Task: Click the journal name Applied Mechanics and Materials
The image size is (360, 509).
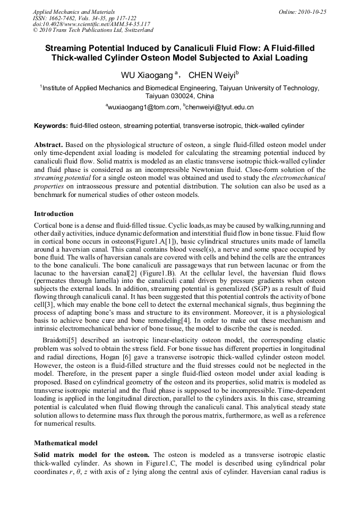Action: coord(73,11)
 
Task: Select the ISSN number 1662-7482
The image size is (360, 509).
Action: coord(64,18)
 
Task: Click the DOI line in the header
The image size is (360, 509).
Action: coord(91,24)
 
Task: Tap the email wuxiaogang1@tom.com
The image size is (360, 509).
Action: coord(143,107)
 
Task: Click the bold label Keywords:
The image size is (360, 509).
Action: coord(51,126)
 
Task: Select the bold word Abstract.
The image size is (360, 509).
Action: coord(49,144)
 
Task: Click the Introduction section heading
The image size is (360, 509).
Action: coord(54,214)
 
